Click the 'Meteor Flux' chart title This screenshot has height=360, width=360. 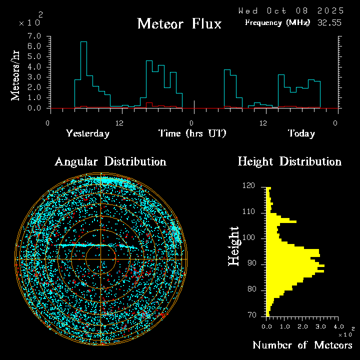[x=179, y=23]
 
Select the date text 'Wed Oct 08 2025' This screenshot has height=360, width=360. [x=291, y=10]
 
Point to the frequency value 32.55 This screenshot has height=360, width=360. [x=330, y=22]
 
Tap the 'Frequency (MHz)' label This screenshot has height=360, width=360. [x=277, y=22]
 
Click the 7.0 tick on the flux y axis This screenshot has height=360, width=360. [x=34, y=36]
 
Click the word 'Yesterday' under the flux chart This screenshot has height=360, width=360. [x=87, y=133]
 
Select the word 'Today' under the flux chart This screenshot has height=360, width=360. [x=301, y=133]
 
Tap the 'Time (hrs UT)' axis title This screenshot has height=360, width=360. [x=192, y=133]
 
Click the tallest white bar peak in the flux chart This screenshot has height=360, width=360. [x=83, y=42]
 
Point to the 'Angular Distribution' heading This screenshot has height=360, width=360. [x=110, y=162]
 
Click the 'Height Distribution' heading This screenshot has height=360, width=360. [x=289, y=162]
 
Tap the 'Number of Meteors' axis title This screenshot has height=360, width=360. [x=302, y=345]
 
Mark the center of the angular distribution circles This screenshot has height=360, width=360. [x=100, y=259]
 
